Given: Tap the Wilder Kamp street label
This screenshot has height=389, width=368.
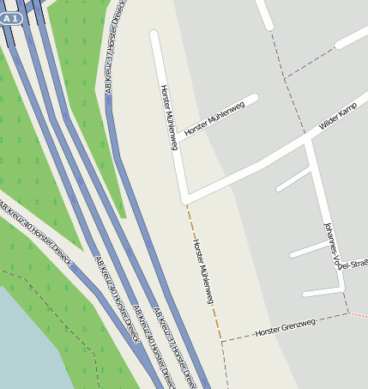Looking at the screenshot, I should click(337, 116).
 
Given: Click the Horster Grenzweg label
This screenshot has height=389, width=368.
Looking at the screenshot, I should click(286, 326).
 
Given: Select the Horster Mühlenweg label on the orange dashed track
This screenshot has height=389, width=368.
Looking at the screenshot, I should click(202, 271).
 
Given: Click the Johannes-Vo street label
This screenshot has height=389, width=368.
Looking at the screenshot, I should click(329, 246).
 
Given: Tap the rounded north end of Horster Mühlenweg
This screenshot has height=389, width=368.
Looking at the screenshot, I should click(154, 36).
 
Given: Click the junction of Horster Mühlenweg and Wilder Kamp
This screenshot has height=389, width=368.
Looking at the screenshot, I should click(185, 198).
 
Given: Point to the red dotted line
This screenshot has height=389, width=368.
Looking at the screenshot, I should click(359, 315).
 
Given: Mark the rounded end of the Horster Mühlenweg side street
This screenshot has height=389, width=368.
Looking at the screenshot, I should click(253, 99).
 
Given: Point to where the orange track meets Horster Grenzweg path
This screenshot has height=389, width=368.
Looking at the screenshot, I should click(221, 341).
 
